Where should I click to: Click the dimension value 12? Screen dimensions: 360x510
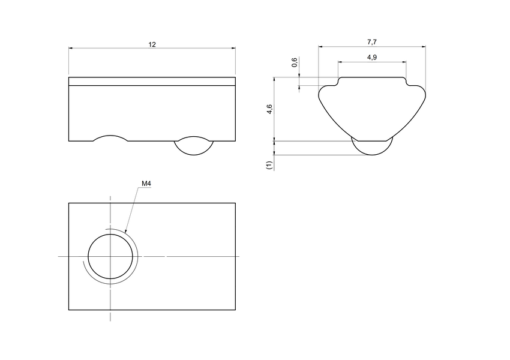[x=152, y=44]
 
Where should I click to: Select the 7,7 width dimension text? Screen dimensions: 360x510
[x=371, y=42]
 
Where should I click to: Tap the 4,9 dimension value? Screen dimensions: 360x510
[x=371, y=57]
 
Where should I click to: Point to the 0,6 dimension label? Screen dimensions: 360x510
[x=294, y=62]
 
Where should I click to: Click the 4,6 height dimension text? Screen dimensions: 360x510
[x=269, y=109]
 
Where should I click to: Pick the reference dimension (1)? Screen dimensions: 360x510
[x=269, y=163]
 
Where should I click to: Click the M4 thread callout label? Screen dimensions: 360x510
[x=146, y=184]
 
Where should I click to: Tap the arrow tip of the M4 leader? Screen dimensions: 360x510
[x=125, y=232]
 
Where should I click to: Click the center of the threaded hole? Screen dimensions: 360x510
[x=110, y=257]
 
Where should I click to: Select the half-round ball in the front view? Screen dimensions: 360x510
[x=193, y=146]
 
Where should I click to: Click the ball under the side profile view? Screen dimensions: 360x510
[x=372, y=147]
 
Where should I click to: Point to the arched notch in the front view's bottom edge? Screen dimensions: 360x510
[x=111, y=138]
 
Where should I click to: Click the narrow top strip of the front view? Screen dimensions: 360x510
[x=152, y=82]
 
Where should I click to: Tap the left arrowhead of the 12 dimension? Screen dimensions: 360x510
[x=70, y=49]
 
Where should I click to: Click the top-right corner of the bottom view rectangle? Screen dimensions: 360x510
[x=235, y=203]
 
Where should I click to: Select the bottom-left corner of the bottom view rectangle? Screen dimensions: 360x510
[x=68, y=310]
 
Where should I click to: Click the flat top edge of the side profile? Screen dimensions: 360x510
[x=372, y=77]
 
